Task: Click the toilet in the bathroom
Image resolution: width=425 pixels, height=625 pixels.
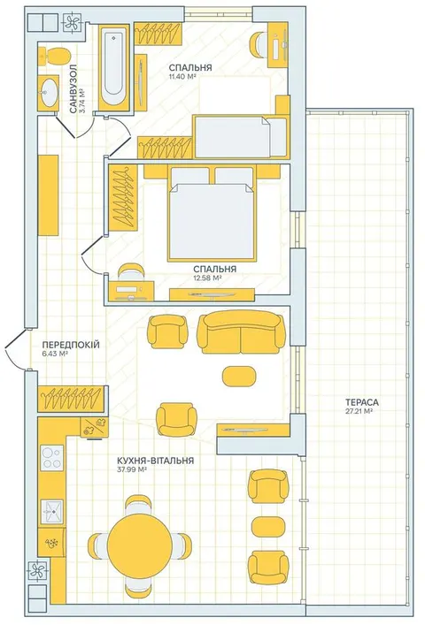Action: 55,57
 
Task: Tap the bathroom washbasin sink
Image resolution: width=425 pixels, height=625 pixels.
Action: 50,93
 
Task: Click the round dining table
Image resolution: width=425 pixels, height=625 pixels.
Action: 139,545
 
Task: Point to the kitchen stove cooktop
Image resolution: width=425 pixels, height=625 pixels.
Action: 52,458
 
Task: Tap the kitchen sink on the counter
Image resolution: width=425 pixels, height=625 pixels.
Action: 52,511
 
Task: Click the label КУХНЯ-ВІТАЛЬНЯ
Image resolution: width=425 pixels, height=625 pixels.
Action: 156,461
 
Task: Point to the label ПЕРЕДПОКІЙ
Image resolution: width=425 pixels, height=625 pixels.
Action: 71,345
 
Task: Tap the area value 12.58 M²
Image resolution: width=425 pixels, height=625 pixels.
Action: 207,278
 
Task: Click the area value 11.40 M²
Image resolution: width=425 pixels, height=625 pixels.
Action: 182,76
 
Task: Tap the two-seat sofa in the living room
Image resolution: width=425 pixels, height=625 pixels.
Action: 241,332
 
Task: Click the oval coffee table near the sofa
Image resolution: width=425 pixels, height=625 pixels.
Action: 239,377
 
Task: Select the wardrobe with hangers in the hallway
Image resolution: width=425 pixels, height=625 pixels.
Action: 73,399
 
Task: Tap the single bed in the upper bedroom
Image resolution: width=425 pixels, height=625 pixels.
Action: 240,137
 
